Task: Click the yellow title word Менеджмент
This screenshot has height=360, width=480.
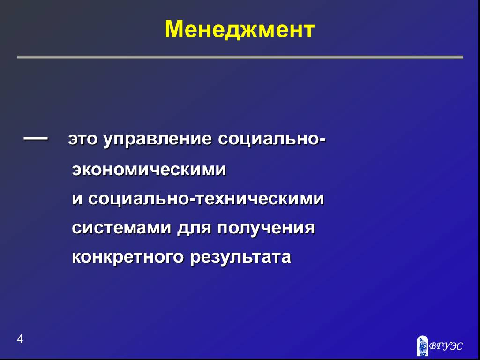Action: coord(240,30)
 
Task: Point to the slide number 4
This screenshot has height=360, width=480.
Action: coord(20,339)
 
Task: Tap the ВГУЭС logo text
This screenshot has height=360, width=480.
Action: coord(446,346)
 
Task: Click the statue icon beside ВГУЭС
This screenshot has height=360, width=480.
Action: coord(422,345)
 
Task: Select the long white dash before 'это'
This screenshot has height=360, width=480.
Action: coord(36,138)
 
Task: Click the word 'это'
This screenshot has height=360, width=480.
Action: coord(82,140)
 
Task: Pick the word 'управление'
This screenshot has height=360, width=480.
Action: coord(157,140)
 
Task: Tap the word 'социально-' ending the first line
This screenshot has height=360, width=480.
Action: coord(272,140)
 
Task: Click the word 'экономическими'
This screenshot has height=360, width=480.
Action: coord(149,170)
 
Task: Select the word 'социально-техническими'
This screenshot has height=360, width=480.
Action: coord(206,199)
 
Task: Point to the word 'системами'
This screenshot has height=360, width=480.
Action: coord(121,228)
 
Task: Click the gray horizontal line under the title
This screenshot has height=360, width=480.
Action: coord(240,57)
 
